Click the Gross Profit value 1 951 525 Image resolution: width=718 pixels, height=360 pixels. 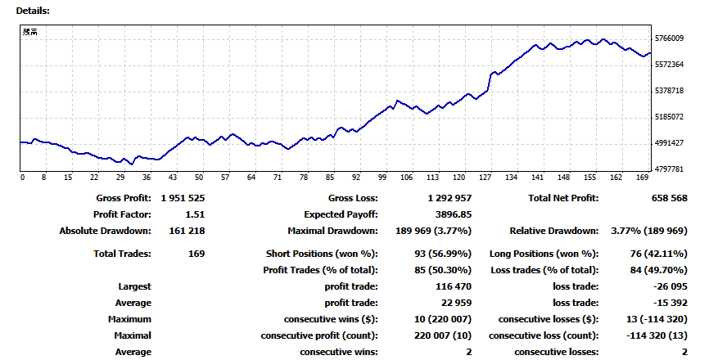click(183, 198)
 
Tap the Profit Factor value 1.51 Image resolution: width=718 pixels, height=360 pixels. click(193, 214)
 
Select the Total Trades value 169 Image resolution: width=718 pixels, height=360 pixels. click(196, 254)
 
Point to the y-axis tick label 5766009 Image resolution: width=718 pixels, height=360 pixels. click(670, 38)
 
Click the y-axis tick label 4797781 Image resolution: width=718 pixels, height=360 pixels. click(670, 169)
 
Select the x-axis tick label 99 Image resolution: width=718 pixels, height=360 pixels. click(382, 178)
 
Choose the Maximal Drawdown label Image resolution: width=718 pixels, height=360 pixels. click(332, 231)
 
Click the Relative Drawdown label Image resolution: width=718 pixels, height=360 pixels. click(553, 231)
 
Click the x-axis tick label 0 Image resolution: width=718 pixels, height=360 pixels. click(23, 178)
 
